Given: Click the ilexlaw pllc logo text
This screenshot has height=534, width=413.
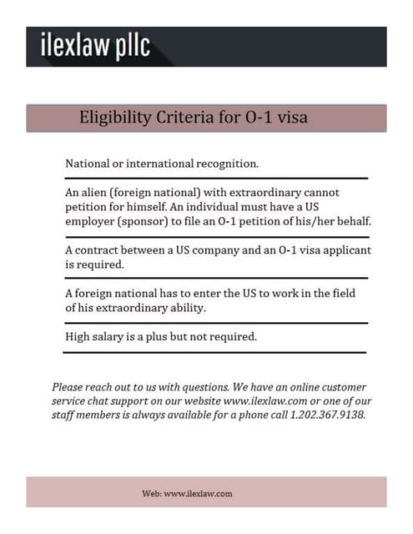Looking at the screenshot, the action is tap(96, 47).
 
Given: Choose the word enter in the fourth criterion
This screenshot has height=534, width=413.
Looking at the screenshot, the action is tap(210, 293).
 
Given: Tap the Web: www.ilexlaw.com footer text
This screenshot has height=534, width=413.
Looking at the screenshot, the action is tap(188, 493).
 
